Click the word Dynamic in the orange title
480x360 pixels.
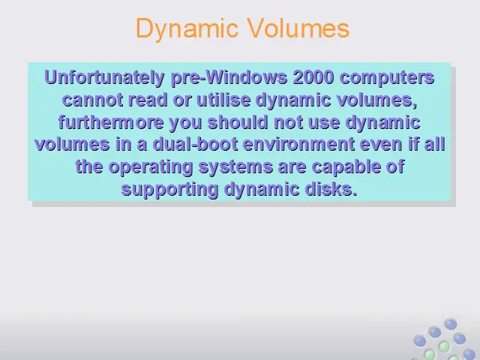tap(187, 28)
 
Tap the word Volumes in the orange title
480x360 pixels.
tap(298, 28)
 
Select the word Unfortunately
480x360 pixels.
tap(105, 77)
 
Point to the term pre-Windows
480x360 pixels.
tap(229, 78)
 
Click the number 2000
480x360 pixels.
tap(313, 77)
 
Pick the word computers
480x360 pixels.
tap(387, 78)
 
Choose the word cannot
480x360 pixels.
tap(92, 100)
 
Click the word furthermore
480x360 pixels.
tap(111, 121)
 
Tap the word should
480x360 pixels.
tap(238, 121)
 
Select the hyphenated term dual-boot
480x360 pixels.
tap(195, 144)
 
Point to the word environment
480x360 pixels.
tap(298, 144)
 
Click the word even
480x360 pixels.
tap(381, 145)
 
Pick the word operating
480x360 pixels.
tap(151, 167)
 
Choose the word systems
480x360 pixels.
tap(235, 167)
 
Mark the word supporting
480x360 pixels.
tap(169, 190)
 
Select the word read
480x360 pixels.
tap(148, 100)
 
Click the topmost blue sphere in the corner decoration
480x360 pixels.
tap(451, 324)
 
